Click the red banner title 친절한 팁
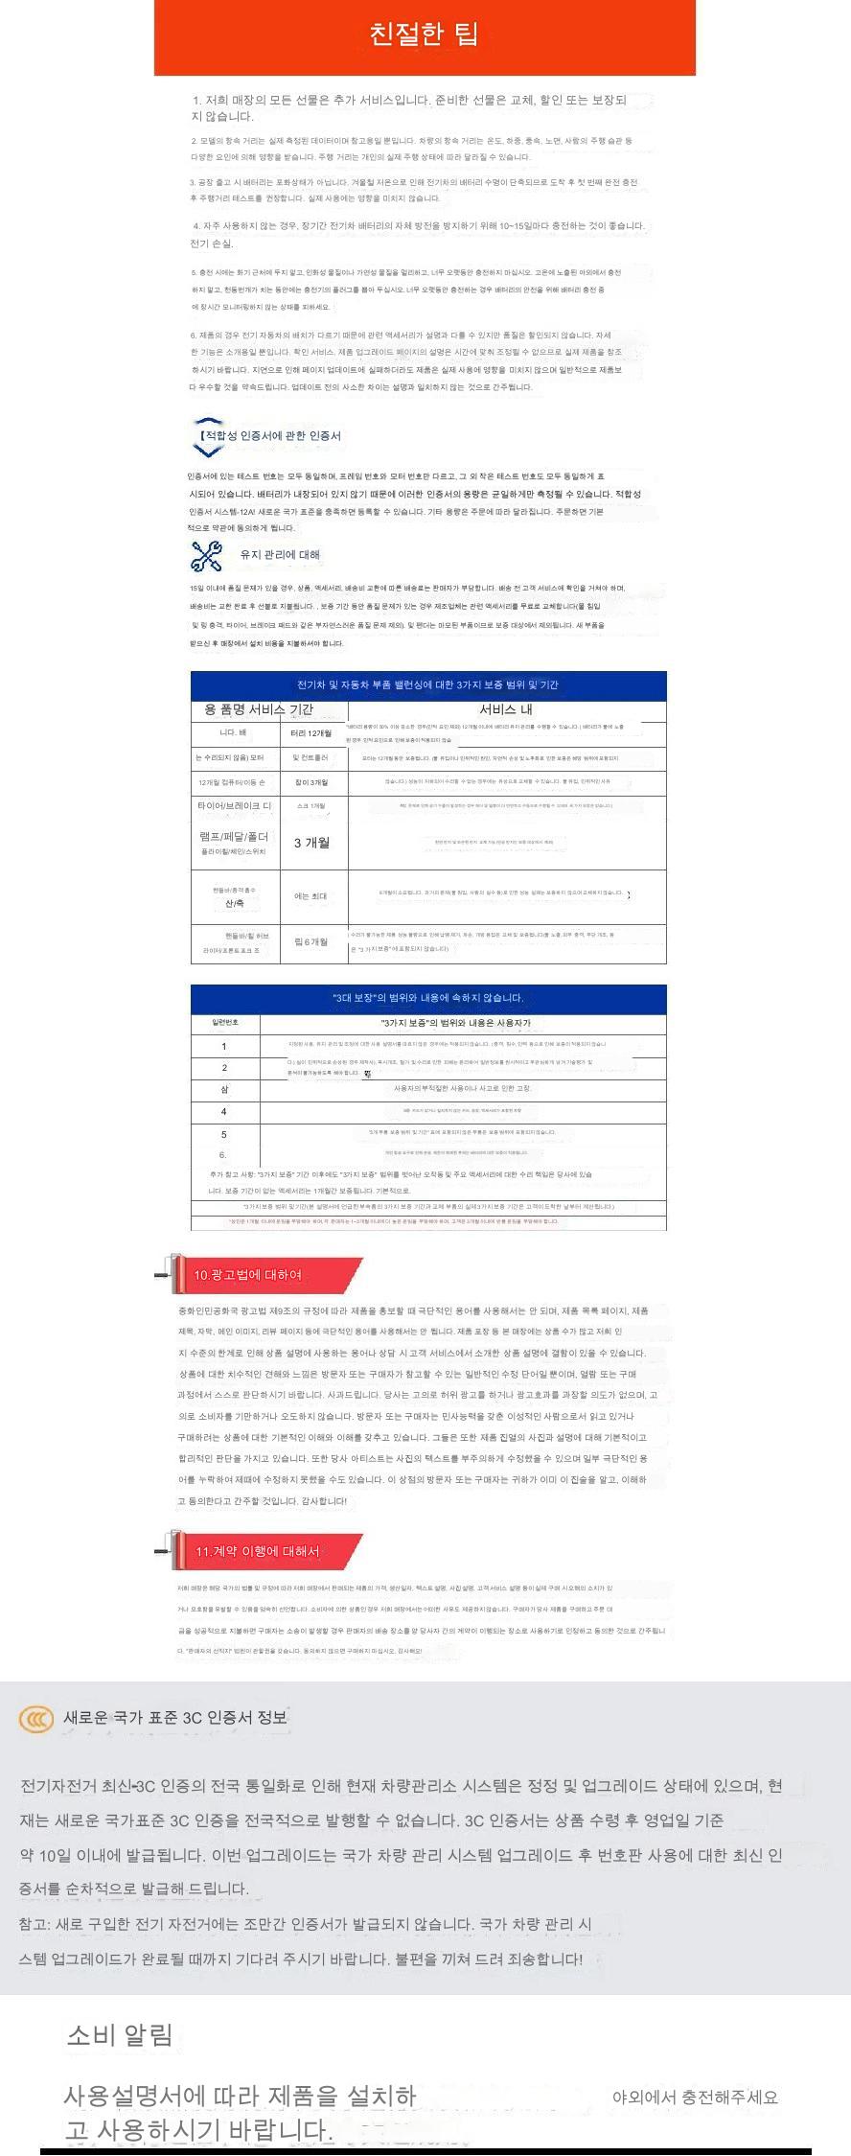tap(424, 35)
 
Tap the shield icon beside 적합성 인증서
tap(207, 436)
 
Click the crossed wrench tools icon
tap(206, 555)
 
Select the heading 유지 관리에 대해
tap(280, 555)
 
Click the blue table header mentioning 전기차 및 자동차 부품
tap(427, 684)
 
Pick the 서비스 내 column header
tap(506, 709)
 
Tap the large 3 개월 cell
tap(311, 843)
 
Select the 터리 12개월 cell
tap(311, 733)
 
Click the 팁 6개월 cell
tap(311, 941)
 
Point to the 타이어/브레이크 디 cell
tap(235, 806)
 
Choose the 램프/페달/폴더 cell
tap(235, 837)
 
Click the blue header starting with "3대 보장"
tap(427, 998)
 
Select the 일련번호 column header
tap(225, 1023)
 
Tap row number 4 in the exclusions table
tap(224, 1112)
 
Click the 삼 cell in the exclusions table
tap(224, 1090)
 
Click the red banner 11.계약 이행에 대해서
tap(259, 1551)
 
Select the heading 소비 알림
tap(120, 2035)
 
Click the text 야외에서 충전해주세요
tap(695, 2098)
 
